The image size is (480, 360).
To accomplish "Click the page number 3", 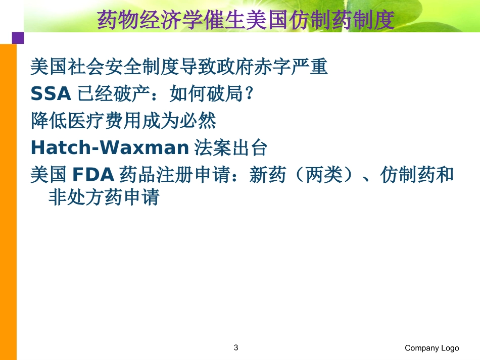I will (x=236, y=347).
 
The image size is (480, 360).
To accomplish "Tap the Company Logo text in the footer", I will (x=431, y=348).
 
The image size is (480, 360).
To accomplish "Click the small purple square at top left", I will (x=18, y=38).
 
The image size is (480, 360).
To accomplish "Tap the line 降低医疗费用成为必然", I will (x=124, y=121).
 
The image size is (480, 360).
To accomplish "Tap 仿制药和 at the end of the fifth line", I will (x=417, y=175).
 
